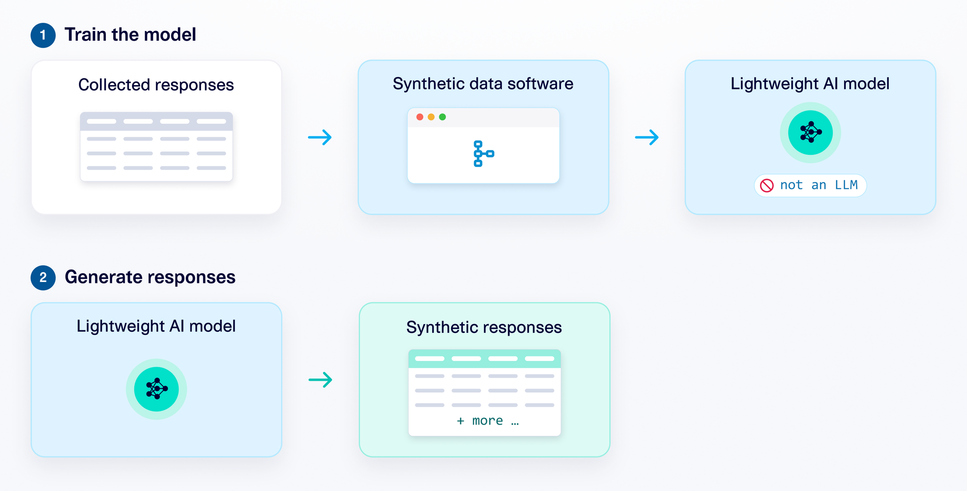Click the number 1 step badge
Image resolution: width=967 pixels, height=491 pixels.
(43, 35)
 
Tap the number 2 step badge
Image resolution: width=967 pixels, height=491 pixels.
(43, 278)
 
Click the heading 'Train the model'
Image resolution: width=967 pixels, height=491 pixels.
(130, 35)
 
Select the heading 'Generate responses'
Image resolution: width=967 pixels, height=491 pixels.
(150, 277)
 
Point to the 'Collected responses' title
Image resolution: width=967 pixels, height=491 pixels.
(156, 85)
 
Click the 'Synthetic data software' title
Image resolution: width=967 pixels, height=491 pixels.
(483, 84)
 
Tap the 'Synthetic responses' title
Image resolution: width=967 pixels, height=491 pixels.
(484, 327)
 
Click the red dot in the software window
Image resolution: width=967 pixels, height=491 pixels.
(420, 117)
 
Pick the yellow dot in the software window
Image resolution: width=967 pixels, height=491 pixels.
(431, 117)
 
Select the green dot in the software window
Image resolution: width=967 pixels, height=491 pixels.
(442, 117)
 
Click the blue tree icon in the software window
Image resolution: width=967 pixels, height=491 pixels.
(483, 154)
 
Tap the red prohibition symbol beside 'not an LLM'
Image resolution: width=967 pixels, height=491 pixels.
(767, 185)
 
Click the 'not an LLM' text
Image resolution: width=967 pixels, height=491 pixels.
(819, 185)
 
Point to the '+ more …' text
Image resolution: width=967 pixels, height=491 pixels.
(487, 421)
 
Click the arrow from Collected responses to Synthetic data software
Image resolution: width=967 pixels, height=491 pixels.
(320, 137)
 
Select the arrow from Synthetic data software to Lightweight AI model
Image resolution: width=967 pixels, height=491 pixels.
(647, 137)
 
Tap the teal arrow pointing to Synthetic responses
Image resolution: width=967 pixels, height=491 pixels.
(321, 380)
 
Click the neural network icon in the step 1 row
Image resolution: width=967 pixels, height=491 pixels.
(810, 132)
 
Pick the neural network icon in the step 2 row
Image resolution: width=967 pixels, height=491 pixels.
(157, 388)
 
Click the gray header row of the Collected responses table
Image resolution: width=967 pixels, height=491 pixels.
(156, 121)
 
